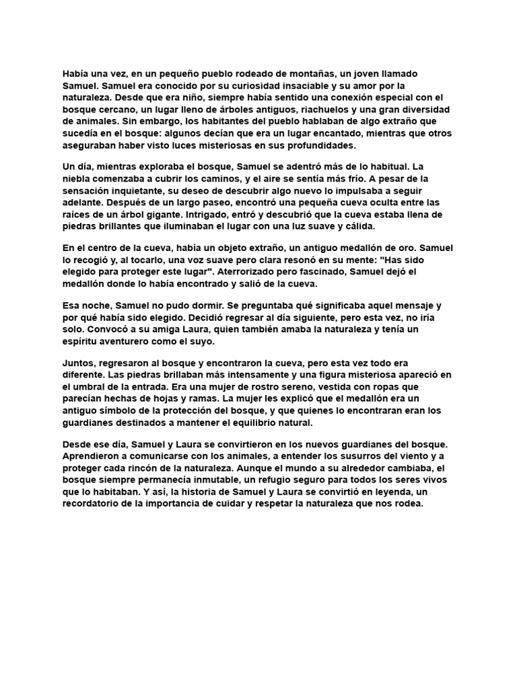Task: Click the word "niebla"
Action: pos(78,178)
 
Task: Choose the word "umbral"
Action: pos(90,388)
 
